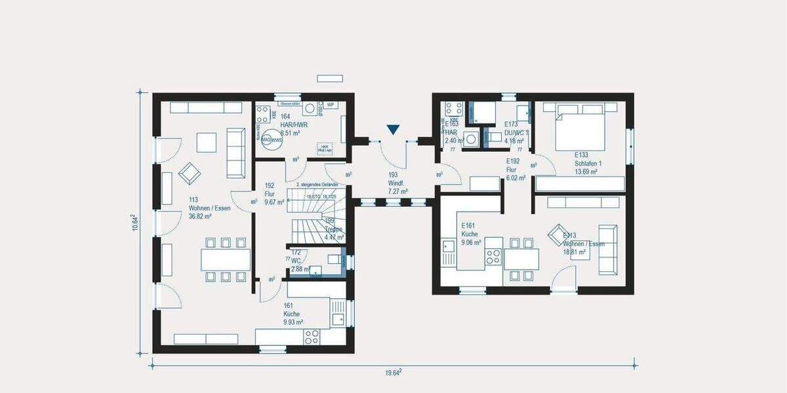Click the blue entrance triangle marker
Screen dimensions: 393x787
tap(392, 130)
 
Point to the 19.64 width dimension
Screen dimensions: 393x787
tap(392, 373)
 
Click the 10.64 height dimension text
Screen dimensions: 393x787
tap(136, 223)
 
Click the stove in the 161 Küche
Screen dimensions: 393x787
tap(312, 337)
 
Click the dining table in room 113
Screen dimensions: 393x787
tap(226, 260)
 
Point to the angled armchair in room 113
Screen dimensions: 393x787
tap(190, 173)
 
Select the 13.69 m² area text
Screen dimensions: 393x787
tap(585, 172)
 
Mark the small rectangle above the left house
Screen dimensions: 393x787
tap(330, 78)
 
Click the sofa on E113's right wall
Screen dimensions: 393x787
tap(607, 249)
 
